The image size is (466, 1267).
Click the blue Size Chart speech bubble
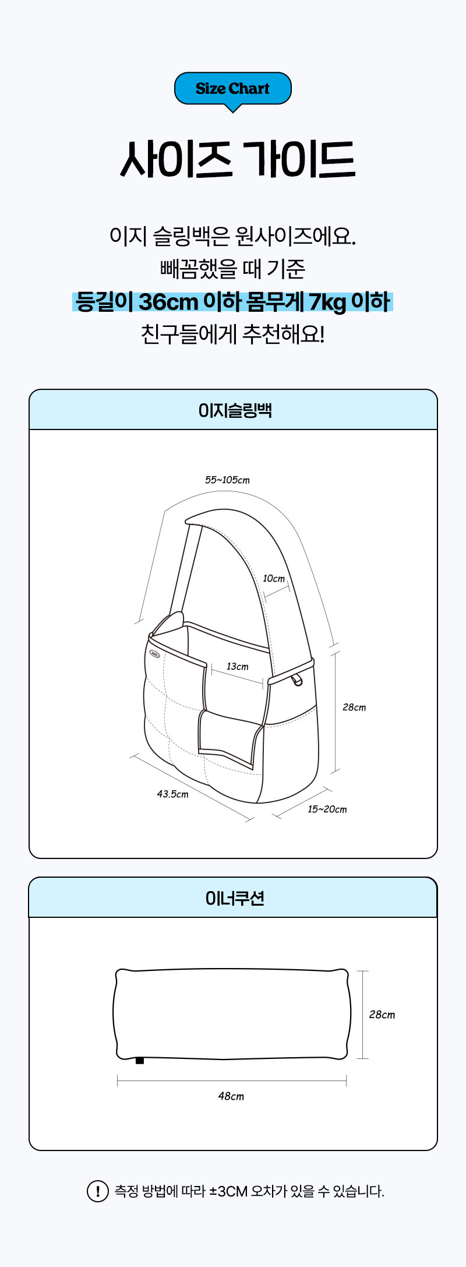point(232,89)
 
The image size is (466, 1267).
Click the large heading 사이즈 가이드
point(237,159)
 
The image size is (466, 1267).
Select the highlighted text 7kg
point(327,302)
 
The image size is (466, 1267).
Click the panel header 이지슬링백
point(235,410)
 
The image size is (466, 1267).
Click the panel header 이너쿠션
point(235,898)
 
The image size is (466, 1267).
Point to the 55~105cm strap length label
point(227,480)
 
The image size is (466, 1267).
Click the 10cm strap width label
point(274,579)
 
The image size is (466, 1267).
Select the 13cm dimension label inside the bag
point(237,666)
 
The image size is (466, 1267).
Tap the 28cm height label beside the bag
point(354,708)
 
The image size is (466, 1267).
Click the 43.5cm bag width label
point(172,794)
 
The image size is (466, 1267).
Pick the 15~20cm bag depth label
point(327,810)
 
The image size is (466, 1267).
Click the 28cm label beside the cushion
point(382,1015)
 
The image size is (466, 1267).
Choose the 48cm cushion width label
point(231,1096)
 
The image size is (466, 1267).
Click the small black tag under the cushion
point(140,1060)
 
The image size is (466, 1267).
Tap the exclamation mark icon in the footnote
point(97,1191)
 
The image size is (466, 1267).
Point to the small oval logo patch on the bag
point(154,653)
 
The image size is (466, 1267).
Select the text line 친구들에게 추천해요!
point(232,335)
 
